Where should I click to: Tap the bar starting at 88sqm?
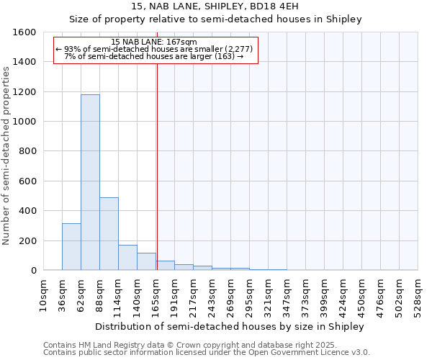109,234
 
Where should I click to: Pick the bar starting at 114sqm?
127,258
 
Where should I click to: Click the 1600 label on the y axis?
23,32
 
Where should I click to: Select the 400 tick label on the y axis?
26,211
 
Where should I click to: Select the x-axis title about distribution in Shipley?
230,326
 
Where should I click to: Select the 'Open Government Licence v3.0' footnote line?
207,353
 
